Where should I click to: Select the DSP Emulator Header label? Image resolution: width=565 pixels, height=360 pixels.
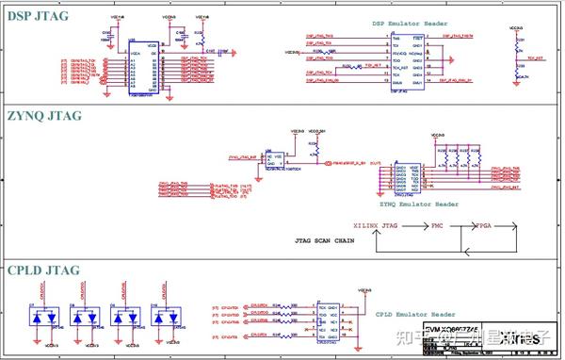pos(407,22)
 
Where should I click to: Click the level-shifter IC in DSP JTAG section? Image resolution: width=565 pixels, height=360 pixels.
pos(143,68)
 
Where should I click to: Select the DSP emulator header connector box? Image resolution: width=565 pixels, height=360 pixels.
pos(404,60)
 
